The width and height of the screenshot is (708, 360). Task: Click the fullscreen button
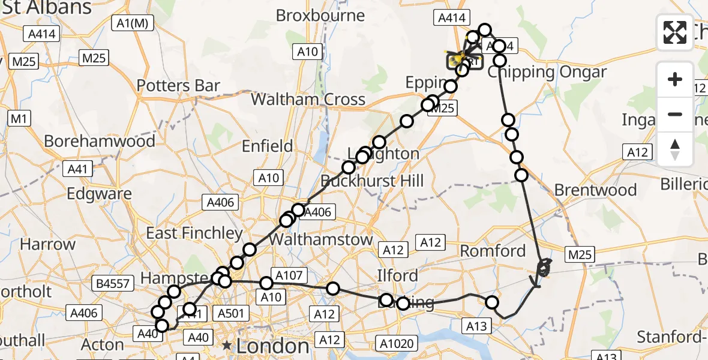[675, 32]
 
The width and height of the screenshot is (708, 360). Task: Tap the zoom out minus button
[675, 114]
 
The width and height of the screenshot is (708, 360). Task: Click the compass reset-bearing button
[675, 149]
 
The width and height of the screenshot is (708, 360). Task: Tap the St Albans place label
[46, 8]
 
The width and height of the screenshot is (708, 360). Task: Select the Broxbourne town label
[321, 16]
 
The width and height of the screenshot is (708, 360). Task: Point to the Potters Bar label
[178, 86]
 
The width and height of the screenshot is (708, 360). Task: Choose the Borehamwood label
[100, 141]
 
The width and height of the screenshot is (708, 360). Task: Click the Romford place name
[493, 250]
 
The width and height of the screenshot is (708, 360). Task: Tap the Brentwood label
[595, 190]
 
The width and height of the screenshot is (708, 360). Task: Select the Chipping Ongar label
[547, 73]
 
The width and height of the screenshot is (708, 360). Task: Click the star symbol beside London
[227, 346]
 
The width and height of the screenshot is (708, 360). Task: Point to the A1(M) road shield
[133, 23]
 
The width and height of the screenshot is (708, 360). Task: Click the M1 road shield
[19, 119]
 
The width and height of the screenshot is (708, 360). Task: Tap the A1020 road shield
[395, 343]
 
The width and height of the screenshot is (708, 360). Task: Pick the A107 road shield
[289, 275]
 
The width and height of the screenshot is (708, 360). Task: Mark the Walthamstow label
[321, 239]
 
